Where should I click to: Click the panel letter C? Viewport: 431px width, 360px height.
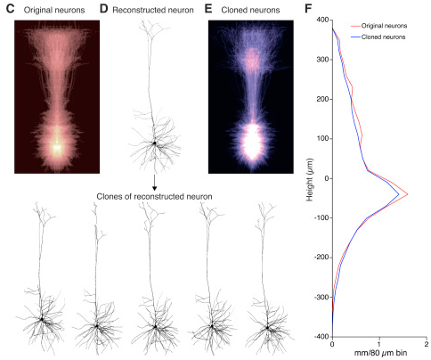coord(10,9)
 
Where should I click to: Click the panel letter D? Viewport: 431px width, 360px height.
coord(103,9)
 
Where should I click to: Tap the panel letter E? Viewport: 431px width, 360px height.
coord(208,9)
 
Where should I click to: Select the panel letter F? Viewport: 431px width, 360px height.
coord(308,9)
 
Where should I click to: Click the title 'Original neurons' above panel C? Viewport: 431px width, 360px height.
coord(54,10)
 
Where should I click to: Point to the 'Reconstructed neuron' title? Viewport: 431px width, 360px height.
coord(153,10)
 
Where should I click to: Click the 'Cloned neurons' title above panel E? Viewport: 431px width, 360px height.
coord(250,10)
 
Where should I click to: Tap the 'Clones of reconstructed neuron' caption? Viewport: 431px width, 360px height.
coord(154,197)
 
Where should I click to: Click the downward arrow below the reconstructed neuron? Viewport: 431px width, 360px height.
coord(154,183)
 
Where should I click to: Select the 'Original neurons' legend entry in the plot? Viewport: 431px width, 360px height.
coord(378,26)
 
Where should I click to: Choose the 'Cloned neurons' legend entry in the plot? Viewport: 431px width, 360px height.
coord(378,37)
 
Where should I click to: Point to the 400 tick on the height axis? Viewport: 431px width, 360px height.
coord(322,20)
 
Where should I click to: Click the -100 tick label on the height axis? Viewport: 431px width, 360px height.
coord(321,217)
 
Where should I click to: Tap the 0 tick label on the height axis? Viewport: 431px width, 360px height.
coord(327,178)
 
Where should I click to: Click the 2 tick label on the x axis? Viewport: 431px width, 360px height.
coord(427,344)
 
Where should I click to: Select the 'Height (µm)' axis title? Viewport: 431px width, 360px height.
coord(310,179)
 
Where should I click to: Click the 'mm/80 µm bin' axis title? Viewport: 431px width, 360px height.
coord(380,353)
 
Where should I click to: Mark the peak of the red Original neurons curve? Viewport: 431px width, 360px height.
coord(408,194)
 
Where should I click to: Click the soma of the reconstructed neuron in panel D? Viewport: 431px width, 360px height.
coord(154,143)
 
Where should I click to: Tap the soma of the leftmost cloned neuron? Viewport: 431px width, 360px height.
coord(42,319)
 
